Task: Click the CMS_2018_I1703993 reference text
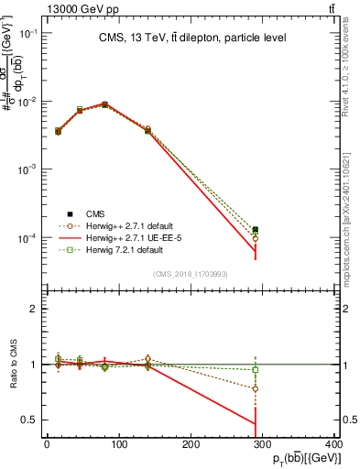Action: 191,273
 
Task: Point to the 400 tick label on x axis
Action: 333,445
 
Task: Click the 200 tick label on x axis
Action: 191,445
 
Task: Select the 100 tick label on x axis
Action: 118,445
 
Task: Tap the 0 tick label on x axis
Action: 47,445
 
